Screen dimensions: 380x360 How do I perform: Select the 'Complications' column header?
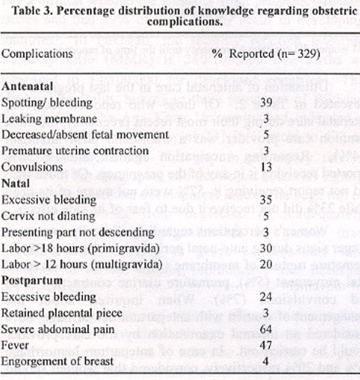[37, 54]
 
